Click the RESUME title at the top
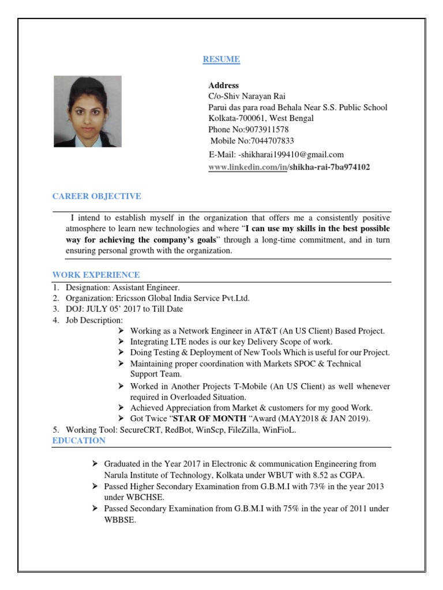pyautogui.click(x=221, y=59)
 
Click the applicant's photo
pyautogui.click(x=88, y=112)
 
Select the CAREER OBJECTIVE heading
pyautogui.click(x=96, y=196)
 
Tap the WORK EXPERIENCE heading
pyautogui.click(x=96, y=275)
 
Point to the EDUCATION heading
pyautogui.click(x=79, y=441)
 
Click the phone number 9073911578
pyautogui.click(x=269, y=130)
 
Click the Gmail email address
pyautogui.click(x=288, y=154)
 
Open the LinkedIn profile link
pyautogui.click(x=289, y=167)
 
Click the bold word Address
pyautogui.click(x=223, y=85)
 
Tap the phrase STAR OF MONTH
pyautogui.click(x=210, y=418)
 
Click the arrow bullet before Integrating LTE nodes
pyautogui.click(x=121, y=342)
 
